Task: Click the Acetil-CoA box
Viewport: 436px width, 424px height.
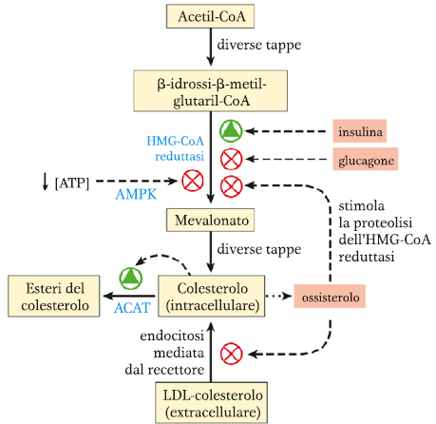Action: coord(210,16)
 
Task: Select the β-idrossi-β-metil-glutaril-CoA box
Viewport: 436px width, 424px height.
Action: coord(211,91)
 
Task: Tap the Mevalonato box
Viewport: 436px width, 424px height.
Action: coord(210,220)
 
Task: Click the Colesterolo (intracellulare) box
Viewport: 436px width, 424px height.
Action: coord(211,296)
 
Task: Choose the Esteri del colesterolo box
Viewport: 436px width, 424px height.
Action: coord(54,296)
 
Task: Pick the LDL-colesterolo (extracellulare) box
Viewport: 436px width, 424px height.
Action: coord(211,403)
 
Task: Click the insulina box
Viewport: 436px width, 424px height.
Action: coord(360,131)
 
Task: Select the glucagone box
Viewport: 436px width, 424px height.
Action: coord(366,159)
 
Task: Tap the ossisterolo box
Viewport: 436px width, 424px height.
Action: coord(330,297)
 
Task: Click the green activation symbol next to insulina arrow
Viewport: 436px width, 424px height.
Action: coord(231,131)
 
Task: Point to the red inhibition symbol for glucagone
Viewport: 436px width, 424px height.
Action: coord(231,159)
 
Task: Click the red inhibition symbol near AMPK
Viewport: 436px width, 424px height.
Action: coord(193,181)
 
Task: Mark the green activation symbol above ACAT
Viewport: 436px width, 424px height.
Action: coord(131,279)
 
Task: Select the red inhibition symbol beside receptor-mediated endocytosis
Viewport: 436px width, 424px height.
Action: coord(231,354)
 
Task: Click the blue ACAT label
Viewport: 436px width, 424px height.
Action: coord(132,307)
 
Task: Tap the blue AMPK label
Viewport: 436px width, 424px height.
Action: coord(136,194)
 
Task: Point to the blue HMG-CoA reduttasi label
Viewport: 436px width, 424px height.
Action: coord(175,148)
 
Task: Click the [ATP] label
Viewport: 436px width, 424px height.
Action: coord(72,183)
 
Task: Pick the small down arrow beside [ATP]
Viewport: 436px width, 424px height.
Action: coord(46,182)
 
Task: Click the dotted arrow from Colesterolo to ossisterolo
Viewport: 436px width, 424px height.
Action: coord(278,296)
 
